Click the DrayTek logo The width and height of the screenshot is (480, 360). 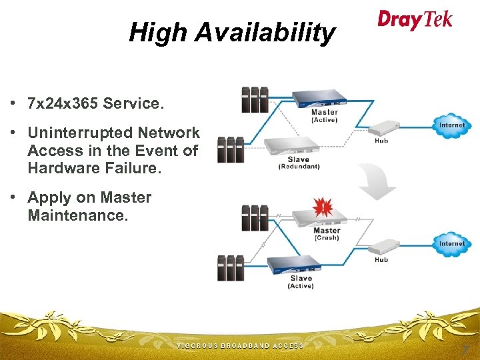click(414, 19)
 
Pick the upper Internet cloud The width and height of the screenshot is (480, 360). click(451, 125)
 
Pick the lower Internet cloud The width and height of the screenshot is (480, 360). click(451, 244)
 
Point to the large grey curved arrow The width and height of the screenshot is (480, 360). click(377, 182)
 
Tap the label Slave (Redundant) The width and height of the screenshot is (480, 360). click(299, 163)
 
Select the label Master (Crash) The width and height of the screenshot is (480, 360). click(327, 234)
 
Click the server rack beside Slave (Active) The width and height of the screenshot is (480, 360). click(230, 267)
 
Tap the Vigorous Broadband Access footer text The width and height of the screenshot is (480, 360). click(240, 346)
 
